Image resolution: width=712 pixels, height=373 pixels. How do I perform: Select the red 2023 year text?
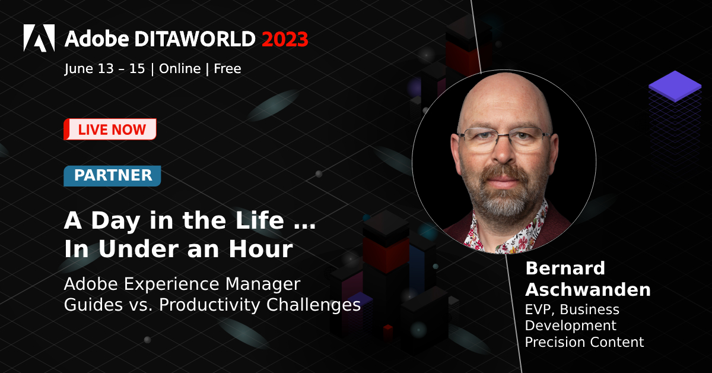[285, 39]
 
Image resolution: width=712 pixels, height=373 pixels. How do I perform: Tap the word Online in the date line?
[180, 69]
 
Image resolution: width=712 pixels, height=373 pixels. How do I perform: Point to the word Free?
[227, 69]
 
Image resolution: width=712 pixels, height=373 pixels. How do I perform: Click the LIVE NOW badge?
[110, 129]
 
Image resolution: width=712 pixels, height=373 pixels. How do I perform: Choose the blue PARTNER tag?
[112, 176]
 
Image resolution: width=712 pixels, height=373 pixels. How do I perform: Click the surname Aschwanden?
[580, 290]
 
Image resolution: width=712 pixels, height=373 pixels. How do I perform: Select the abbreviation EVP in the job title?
[539, 309]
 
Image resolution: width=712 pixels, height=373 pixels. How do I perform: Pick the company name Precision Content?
[584, 342]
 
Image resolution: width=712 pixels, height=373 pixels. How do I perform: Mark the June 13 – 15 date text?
[105, 69]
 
